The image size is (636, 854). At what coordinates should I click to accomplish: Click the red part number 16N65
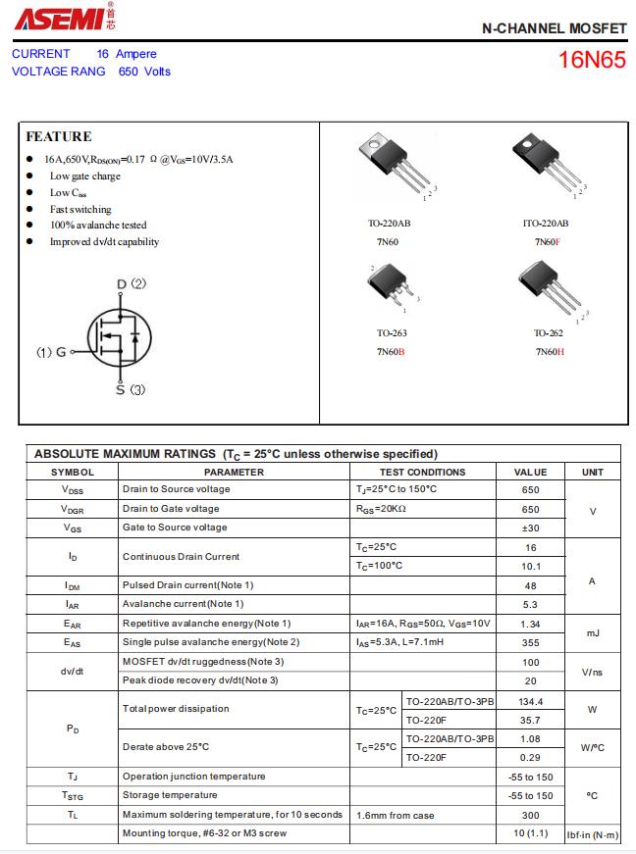tap(591, 60)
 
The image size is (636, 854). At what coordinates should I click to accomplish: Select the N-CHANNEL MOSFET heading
tap(554, 30)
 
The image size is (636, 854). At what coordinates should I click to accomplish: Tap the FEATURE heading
tap(59, 136)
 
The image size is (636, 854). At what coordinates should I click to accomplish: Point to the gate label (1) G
tap(51, 351)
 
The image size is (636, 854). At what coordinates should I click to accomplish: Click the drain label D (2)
tap(132, 284)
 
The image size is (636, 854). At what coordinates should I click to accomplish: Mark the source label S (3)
tap(131, 389)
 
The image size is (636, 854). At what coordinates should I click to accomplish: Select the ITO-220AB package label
tap(546, 224)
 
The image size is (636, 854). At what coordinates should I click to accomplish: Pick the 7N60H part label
tap(549, 351)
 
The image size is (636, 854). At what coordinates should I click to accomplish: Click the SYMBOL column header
tap(73, 472)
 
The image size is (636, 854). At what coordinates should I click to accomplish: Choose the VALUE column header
tap(530, 472)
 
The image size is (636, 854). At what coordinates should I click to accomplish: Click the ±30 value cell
tap(530, 528)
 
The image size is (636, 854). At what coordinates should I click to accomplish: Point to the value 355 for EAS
tap(530, 643)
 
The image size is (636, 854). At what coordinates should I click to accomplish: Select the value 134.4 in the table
tap(530, 701)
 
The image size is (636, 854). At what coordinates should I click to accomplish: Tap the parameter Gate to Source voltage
tap(174, 527)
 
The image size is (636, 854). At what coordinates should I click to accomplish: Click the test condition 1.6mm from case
tap(395, 815)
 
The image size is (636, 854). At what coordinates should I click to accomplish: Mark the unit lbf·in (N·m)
tap(593, 834)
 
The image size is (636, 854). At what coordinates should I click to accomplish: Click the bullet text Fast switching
tap(80, 209)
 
